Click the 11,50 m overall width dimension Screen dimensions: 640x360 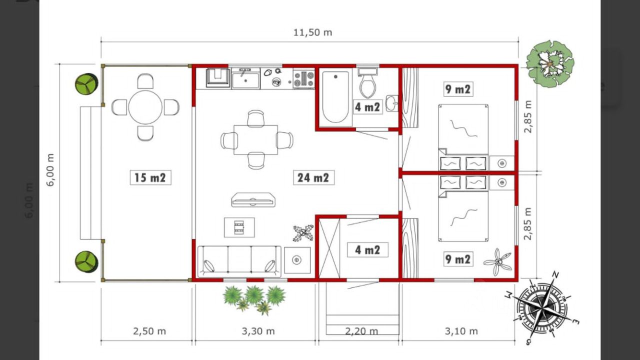coord(313,32)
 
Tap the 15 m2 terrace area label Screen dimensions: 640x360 coord(150,177)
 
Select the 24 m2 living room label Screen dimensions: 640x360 coord(313,177)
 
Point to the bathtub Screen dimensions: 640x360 coord(335,97)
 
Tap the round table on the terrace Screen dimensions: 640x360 coord(145,107)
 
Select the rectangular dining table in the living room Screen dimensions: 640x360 coord(255,139)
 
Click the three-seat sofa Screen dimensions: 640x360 coord(239,261)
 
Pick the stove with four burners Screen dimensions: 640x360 coord(304,79)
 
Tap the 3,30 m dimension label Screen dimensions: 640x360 coord(258,331)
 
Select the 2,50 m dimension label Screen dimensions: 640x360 coord(149,331)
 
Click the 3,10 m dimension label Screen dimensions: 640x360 coord(461,331)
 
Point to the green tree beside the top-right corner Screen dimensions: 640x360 coord(549,64)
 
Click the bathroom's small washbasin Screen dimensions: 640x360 coord(391,103)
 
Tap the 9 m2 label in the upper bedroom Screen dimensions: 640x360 coord(457,89)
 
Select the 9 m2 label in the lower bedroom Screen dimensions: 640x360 coord(457,259)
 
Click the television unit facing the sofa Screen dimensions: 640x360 coord(253,199)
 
